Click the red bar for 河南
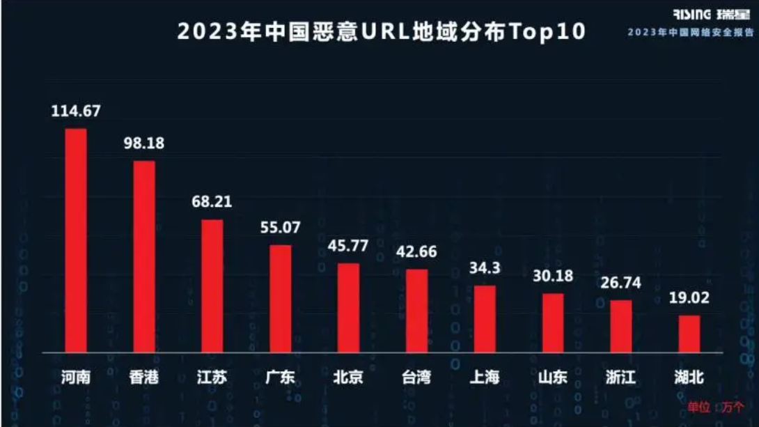[x=76, y=240]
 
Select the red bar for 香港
[x=144, y=256]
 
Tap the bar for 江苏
[x=212, y=286]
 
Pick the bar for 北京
[x=348, y=307]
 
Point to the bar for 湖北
[x=689, y=334]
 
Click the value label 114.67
[x=76, y=111]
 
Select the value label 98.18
[x=144, y=143]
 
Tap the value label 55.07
[x=281, y=228]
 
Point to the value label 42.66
[x=416, y=251]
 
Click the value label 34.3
[x=485, y=267]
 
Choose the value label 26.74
[x=621, y=283]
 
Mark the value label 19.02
[x=689, y=298]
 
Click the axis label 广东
[x=281, y=378]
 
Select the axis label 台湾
[x=416, y=378]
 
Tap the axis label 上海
[x=485, y=378]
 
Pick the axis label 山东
[x=553, y=378]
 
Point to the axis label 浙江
[x=621, y=378]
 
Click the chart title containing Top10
[x=380, y=32]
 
